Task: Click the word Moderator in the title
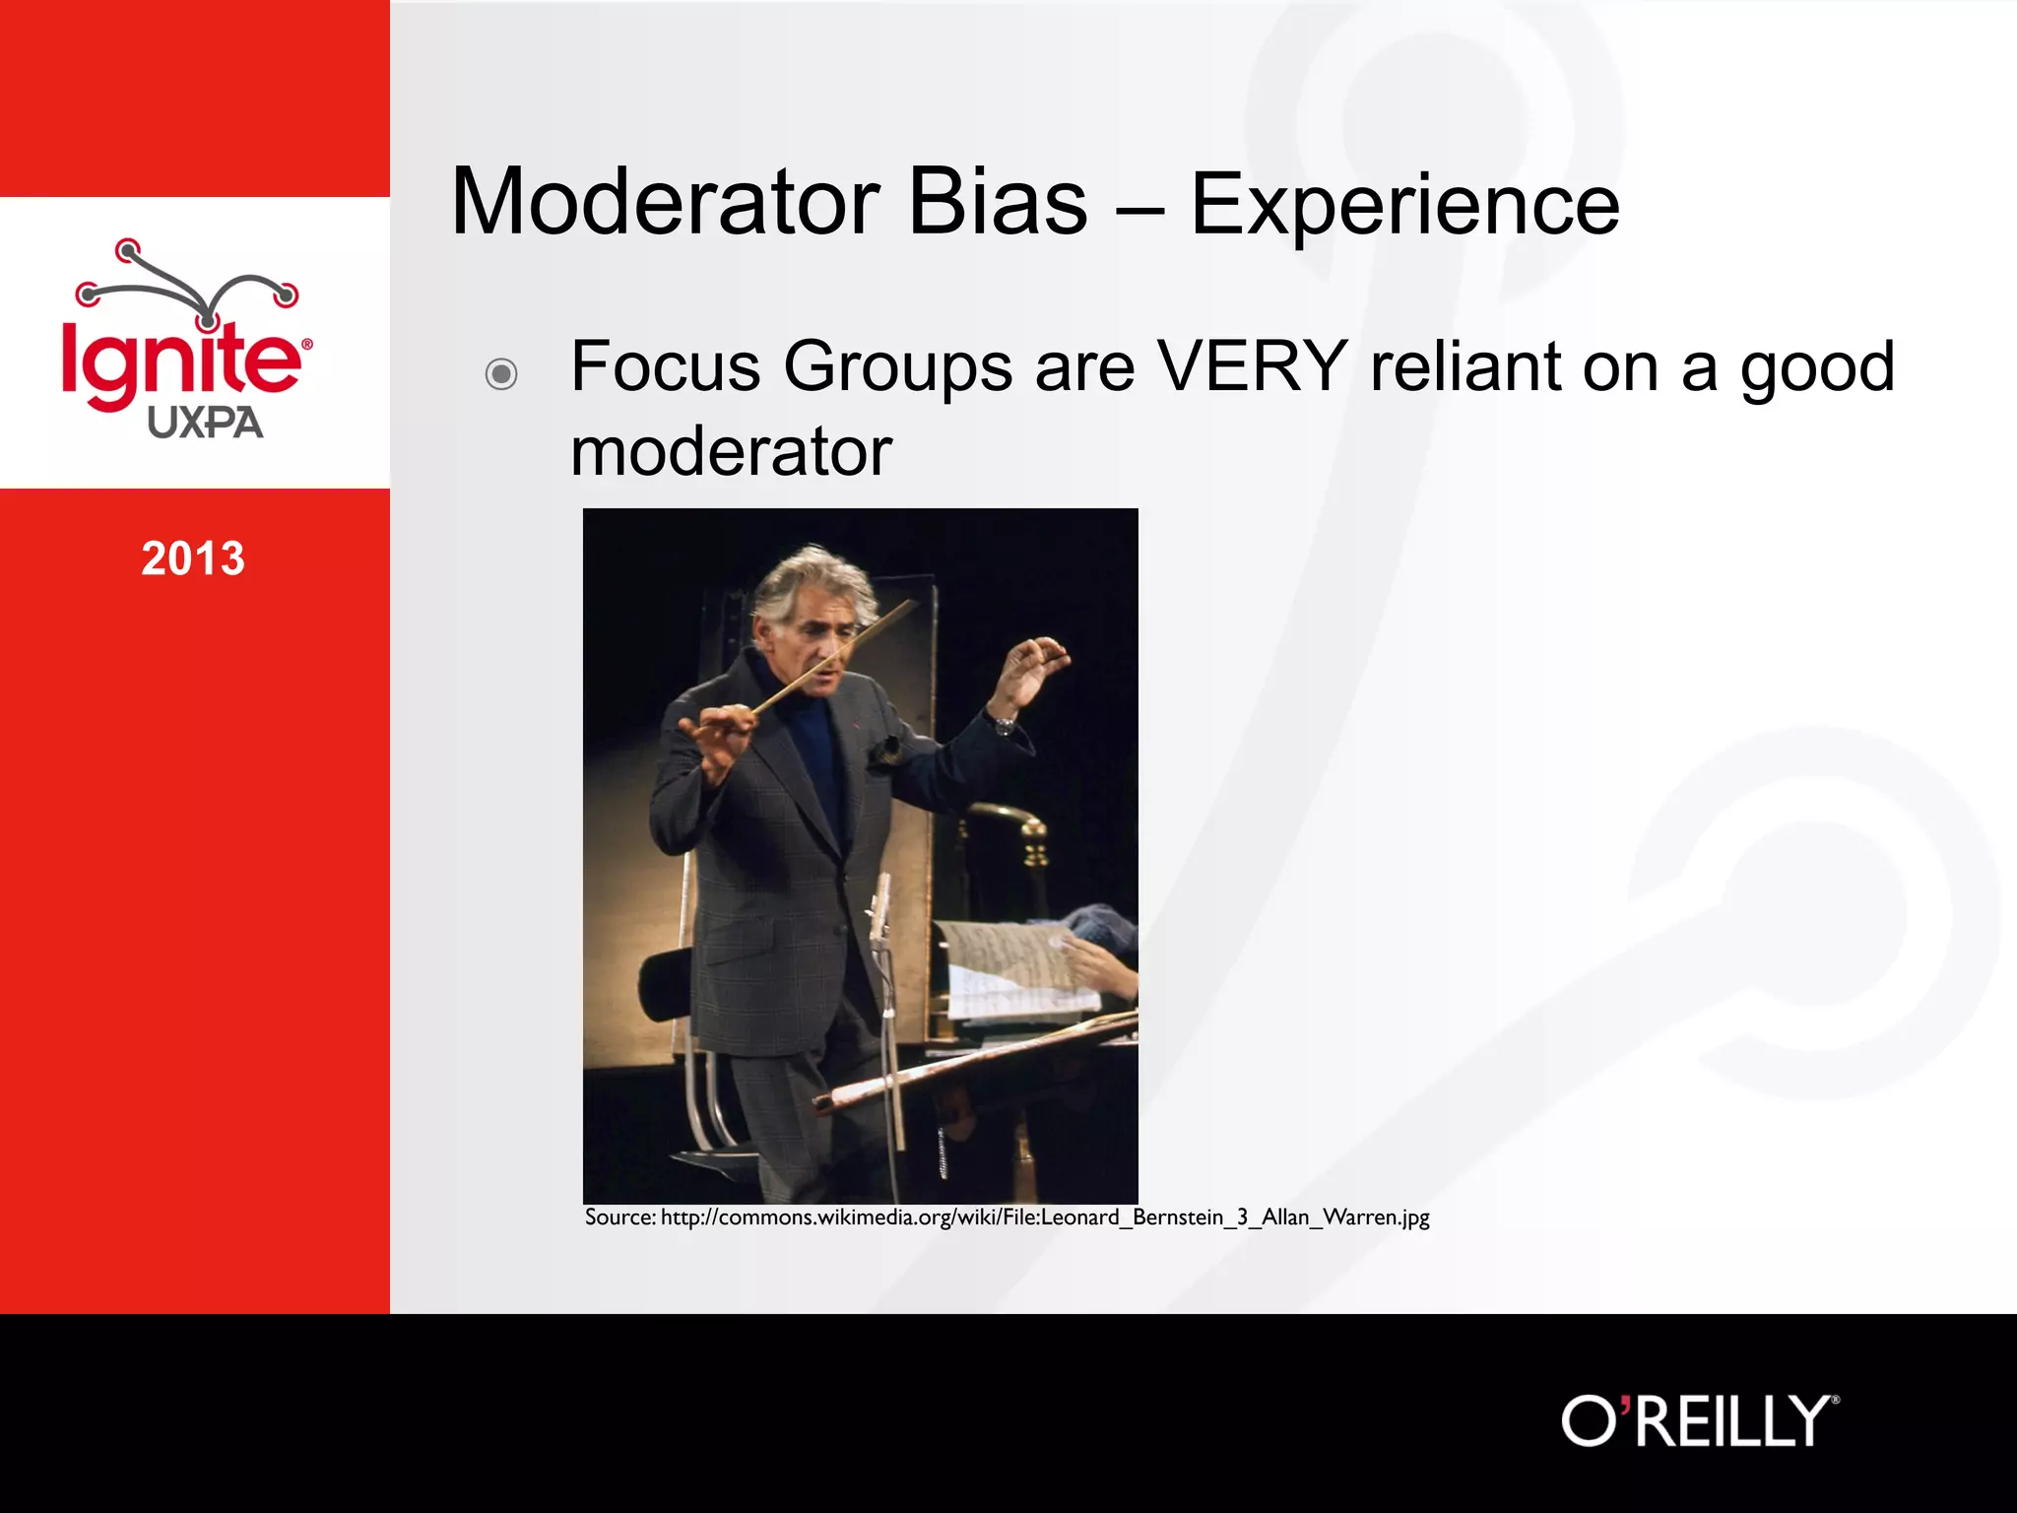tap(664, 202)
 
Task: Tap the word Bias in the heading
tap(997, 202)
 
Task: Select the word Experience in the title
tap(1404, 205)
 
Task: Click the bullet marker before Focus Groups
tap(501, 374)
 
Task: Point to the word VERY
tap(1251, 366)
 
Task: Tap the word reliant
tap(1464, 366)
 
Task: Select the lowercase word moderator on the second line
tap(731, 452)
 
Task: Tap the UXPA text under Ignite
tap(205, 424)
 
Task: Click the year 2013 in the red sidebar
tap(193, 559)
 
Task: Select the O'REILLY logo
tap(1699, 1421)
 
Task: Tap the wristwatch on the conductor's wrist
tap(1004, 726)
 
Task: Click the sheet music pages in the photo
tap(1014, 970)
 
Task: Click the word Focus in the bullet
tap(666, 366)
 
